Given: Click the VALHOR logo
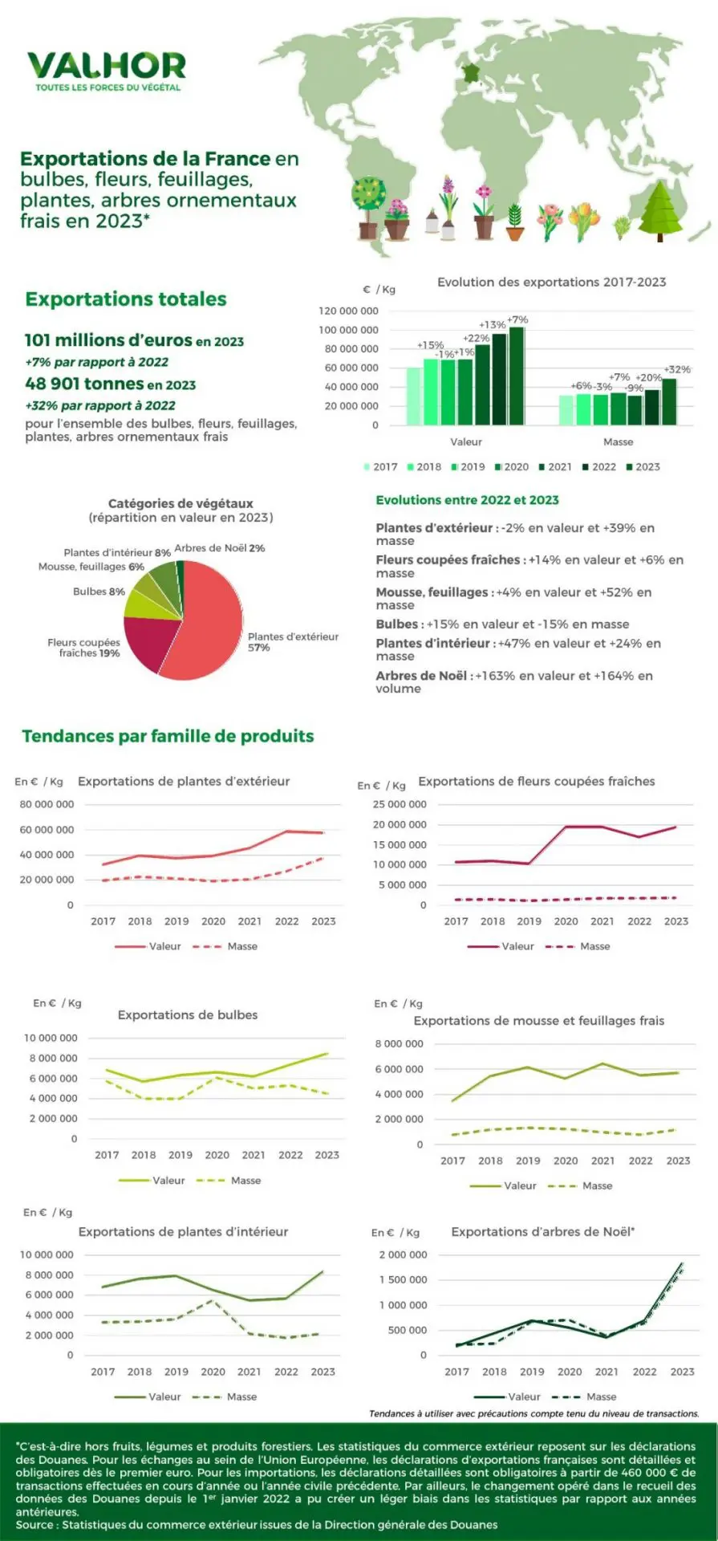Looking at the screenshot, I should click(107, 69).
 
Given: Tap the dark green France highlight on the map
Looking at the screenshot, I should click(470, 72).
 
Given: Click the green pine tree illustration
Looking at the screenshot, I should click(660, 210).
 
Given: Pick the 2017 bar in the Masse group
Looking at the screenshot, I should click(566, 409).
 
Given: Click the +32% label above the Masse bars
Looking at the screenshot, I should click(677, 369).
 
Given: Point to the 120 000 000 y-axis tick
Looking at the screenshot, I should click(348, 311).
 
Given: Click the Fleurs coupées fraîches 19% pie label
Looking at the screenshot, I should click(83, 648).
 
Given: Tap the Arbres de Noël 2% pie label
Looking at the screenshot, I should click(219, 548).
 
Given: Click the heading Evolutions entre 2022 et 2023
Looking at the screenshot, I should click(467, 500).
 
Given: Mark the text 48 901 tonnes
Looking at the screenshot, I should click(83, 384).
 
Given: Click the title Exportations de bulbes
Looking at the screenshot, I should click(188, 1014).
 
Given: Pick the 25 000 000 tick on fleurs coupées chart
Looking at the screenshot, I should click(400, 804).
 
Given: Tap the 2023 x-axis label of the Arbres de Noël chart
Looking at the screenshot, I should click(682, 1372).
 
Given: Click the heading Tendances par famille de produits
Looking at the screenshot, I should click(168, 736).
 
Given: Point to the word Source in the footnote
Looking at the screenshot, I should click(34, 1524).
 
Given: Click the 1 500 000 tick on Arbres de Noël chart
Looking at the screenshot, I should click(403, 1280).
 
